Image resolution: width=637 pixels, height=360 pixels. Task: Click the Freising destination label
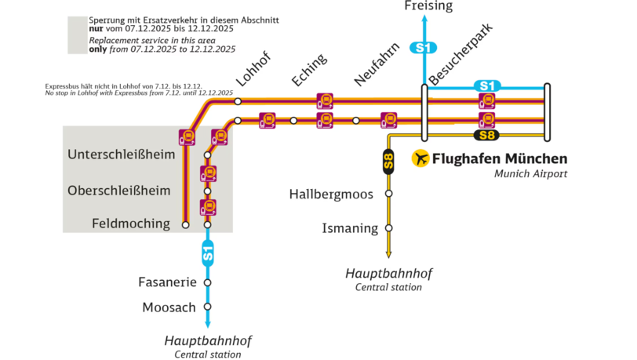[x=429, y=6]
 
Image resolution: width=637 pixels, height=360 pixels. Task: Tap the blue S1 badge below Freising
[x=424, y=49]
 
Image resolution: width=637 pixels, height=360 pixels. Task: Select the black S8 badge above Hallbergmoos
[x=388, y=162]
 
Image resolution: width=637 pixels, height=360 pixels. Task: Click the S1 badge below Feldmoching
[x=208, y=253]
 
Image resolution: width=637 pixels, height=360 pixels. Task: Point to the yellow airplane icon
[x=421, y=158]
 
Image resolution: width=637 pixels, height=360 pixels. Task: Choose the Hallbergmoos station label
[x=336, y=193]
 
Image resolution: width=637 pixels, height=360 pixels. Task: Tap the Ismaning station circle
[x=388, y=228]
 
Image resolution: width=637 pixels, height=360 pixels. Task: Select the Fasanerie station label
[x=166, y=282]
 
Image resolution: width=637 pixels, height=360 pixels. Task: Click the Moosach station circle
[x=208, y=307]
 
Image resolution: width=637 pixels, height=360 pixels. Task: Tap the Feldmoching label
[x=131, y=224]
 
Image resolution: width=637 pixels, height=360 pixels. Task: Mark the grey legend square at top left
[x=77, y=35]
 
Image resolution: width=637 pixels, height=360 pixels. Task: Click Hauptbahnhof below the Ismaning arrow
[x=388, y=274]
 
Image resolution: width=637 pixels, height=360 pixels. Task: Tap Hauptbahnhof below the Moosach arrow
[x=208, y=341]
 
